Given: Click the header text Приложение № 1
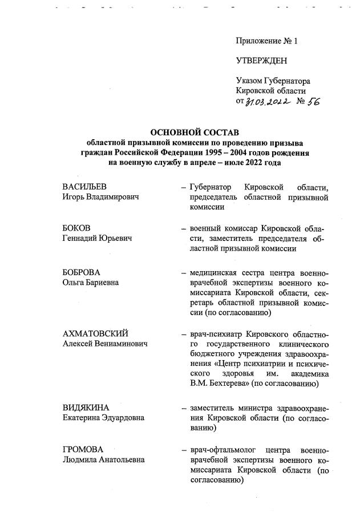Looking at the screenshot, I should click(x=266, y=41).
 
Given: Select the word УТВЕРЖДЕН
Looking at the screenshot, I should click(x=262, y=61).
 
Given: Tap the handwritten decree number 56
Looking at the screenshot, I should click(x=313, y=101).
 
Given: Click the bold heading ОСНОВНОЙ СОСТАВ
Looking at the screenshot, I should click(x=195, y=132).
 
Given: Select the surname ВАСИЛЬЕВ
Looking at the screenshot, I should click(x=84, y=187).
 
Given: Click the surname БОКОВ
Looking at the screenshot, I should click(x=76, y=228).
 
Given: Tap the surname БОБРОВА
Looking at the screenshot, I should click(x=81, y=272).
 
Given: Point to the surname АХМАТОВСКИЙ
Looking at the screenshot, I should click(x=95, y=333).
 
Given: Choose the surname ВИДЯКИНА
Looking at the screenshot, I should click(x=86, y=407).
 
